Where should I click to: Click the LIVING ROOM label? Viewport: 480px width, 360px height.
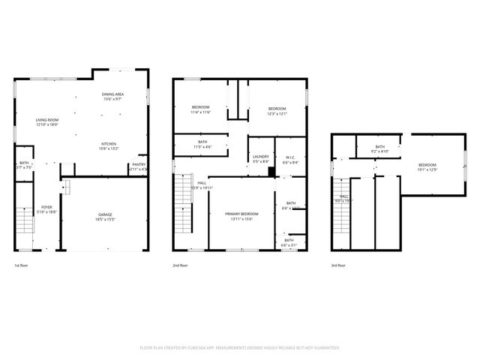(x=48, y=120)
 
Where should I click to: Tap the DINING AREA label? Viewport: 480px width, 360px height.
(x=112, y=94)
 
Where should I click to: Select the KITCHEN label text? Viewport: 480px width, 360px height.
(x=109, y=143)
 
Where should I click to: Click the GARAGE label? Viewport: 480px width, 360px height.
(x=105, y=214)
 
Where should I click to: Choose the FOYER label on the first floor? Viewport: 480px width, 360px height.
(x=46, y=207)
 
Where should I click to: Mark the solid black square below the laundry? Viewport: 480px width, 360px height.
(x=271, y=172)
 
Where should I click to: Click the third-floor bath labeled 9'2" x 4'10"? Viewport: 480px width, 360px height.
(x=379, y=147)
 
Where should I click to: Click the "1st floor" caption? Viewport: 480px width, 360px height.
(x=22, y=265)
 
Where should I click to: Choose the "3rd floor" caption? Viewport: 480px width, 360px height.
(x=339, y=265)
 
